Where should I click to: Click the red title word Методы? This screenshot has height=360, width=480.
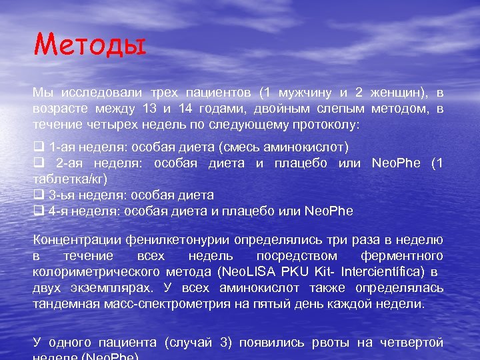point(89,47)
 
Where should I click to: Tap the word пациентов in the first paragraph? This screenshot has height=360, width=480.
point(220,92)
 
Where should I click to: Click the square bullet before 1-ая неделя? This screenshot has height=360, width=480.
point(37,147)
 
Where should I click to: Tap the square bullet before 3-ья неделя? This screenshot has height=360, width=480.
point(37,195)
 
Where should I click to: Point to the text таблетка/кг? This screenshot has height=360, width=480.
point(67,179)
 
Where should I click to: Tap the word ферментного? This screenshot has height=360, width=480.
point(401,255)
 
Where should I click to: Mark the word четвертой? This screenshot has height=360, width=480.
point(411,342)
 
